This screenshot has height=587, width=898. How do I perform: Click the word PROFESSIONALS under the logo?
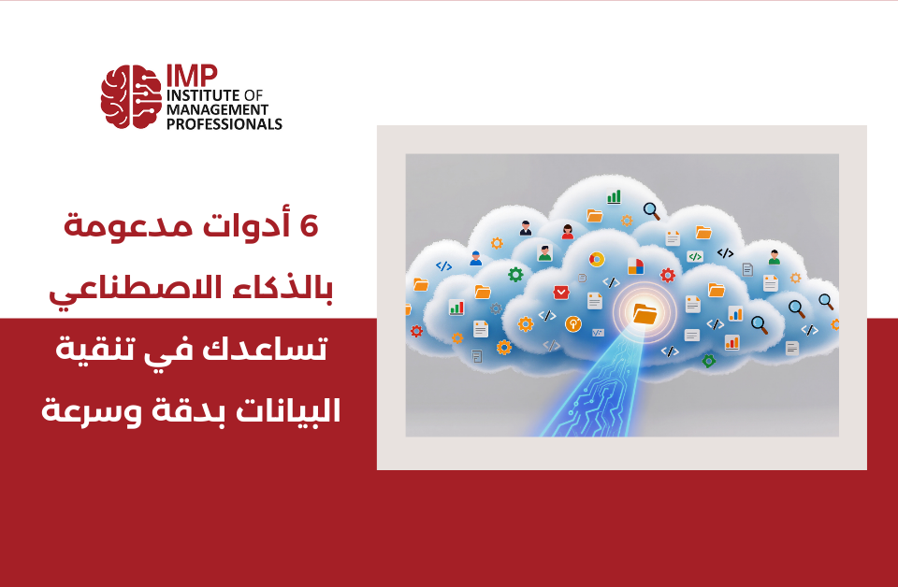click(224, 123)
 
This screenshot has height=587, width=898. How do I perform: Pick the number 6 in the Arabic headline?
click(307, 227)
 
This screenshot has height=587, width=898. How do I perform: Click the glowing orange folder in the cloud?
click(645, 313)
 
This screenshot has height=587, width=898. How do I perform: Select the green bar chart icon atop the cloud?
click(614, 197)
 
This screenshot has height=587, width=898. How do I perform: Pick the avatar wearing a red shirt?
click(568, 231)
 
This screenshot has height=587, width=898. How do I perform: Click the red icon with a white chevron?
click(560, 293)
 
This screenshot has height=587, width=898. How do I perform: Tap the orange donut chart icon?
click(596, 260)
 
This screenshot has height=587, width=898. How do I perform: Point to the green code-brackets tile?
click(694, 255)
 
